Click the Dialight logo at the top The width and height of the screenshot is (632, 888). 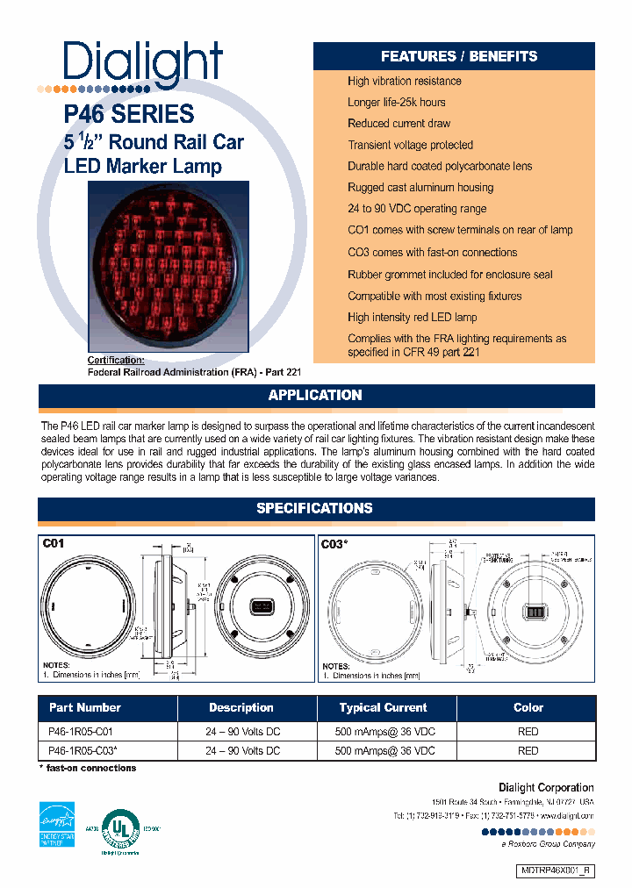[x=142, y=64]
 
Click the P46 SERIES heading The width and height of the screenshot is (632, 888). [x=129, y=114]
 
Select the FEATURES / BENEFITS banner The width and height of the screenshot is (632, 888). [x=458, y=56]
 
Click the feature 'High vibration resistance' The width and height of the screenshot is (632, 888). [x=404, y=81]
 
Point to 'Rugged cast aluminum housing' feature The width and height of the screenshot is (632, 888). [x=420, y=187]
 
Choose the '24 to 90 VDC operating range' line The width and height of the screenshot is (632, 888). [x=416, y=209]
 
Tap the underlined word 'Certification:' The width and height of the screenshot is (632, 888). [x=117, y=361]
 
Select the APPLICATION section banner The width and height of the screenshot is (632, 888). [x=315, y=396]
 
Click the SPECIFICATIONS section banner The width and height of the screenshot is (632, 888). [x=315, y=509]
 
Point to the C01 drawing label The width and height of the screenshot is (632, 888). [x=54, y=544]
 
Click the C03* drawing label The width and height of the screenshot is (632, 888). [x=334, y=544]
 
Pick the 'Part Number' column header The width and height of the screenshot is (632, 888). [x=85, y=708]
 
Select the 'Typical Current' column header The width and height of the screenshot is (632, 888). [x=383, y=708]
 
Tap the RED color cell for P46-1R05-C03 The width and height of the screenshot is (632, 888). [x=528, y=751]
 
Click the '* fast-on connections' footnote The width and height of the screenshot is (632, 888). [x=88, y=769]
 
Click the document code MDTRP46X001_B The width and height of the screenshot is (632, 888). [x=557, y=870]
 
